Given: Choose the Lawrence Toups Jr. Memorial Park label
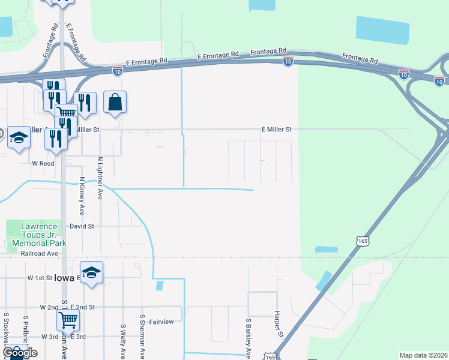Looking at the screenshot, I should tap(36, 235).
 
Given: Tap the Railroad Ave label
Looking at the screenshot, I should tap(39, 254).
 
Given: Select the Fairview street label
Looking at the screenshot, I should tap(161, 322).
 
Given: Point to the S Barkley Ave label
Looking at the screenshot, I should tap(247, 335).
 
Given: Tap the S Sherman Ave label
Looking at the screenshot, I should tap(142, 336).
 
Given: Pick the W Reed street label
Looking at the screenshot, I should tap(43, 163).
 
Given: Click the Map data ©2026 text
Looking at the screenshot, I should tap(423, 355).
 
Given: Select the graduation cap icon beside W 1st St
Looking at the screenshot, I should tap(91, 273).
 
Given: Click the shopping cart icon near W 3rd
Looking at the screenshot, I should tap(68, 322).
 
